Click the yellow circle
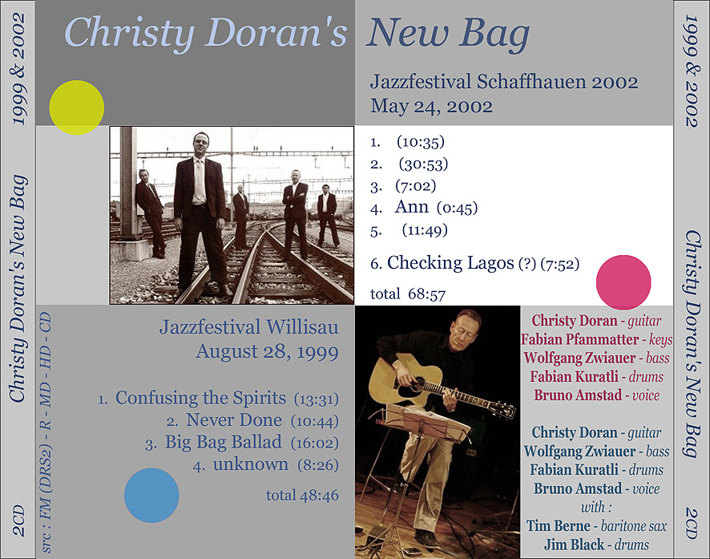coord(76,107)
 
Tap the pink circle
coord(623,282)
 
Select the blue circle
coord(151,495)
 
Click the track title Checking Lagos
coord(450,263)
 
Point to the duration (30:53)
coord(423,164)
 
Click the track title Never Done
coord(234,420)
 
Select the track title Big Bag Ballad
coord(224,442)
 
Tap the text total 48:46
coord(302,495)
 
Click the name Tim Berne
coord(559,525)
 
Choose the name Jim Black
coord(574,544)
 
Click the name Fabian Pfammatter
coord(579,339)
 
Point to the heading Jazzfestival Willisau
coord(248,327)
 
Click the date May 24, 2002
coord(431,107)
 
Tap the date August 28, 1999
coord(267,351)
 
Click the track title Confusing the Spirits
coord(200,398)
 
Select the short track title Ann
coord(411,207)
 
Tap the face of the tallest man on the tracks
coord(200,144)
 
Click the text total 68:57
coord(408,294)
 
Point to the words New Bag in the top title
coord(448,33)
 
